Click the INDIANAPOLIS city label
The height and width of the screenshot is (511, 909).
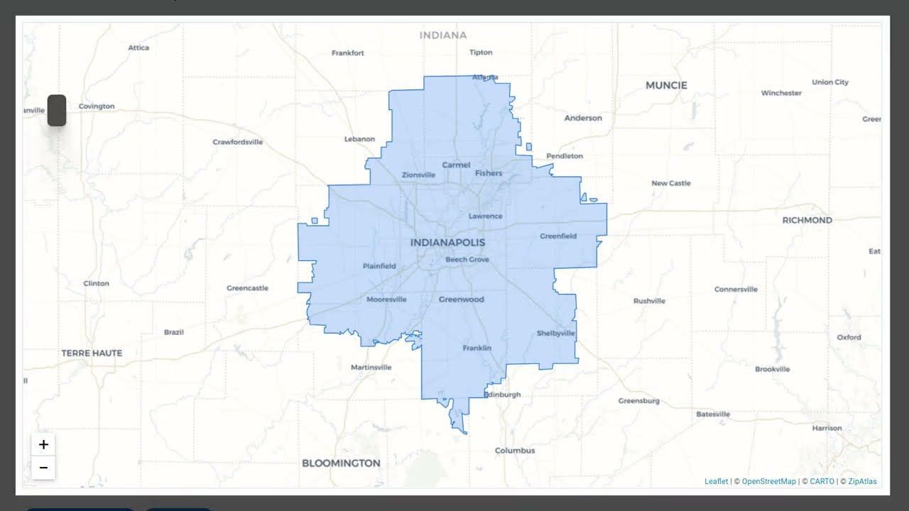click(x=447, y=243)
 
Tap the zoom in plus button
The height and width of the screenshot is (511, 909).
click(x=43, y=445)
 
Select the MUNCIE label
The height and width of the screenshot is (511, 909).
click(x=666, y=85)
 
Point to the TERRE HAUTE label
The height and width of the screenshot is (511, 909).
click(x=92, y=353)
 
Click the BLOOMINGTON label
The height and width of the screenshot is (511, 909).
click(x=341, y=463)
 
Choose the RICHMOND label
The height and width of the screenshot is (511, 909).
click(x=807, y=220)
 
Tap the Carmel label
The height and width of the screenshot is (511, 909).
click(x=456, y=165)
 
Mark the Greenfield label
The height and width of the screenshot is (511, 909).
click(x=558, y=236)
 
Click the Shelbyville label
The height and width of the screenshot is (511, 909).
click(x=556, y=334)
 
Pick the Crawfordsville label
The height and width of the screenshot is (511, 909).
click(x=237, y=142)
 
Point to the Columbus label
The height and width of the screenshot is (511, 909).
click(x=515, y=451)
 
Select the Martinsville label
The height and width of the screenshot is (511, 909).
click(x=371, y=368)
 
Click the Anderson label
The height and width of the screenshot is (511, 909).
click(x=583, y=118)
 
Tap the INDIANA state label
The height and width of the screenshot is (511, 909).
click(x=443, y=35)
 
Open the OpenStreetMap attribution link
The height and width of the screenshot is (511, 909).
click(x=769, y=481)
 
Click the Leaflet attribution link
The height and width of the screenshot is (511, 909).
click(x=716, y=481)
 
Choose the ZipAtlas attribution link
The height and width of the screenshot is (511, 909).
click(x=862, y=481)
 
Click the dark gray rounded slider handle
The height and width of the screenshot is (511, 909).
click(x=57, y=111)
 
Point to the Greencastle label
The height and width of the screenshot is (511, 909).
click(x=247, y=288)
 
